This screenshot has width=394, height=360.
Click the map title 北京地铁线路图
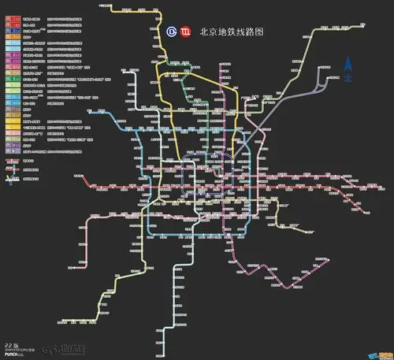(x=231, y=33)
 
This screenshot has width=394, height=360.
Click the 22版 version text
(x=11, y=346)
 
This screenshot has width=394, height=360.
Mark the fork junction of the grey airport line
(x=314, y=85)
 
